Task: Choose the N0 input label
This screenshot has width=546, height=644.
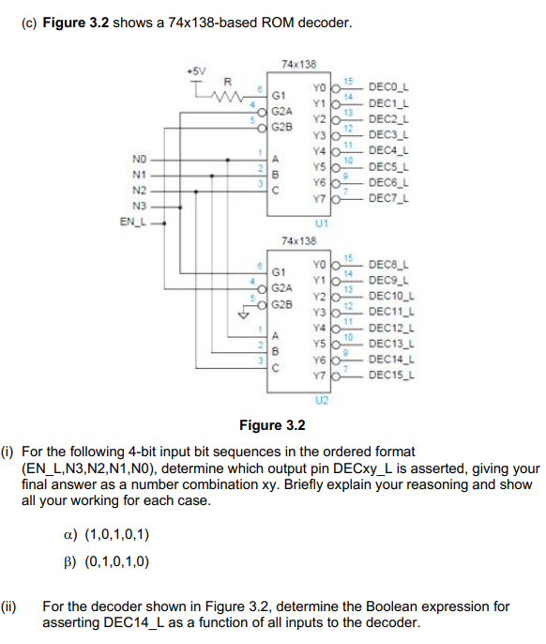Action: click(140, 160)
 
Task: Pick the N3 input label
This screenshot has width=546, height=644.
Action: click(140, 206)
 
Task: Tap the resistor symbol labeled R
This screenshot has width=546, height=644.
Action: click(225, 92)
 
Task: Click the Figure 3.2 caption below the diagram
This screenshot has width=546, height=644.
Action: click(272, 425)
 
